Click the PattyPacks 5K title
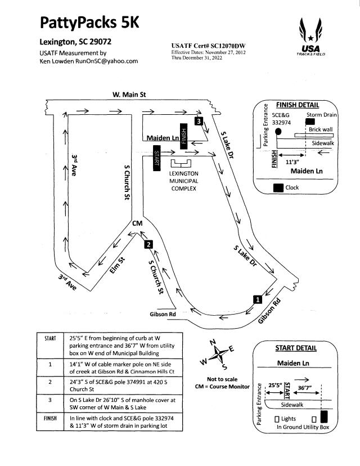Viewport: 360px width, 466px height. coord(89,23)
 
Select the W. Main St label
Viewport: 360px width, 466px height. coord(129,95)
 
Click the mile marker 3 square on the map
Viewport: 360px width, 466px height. coord(199,120)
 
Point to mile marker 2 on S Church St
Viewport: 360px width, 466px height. coord(148,244)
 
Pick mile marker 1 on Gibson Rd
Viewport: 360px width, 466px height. coord(257,299)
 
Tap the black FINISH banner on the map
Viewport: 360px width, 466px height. coord(183,136)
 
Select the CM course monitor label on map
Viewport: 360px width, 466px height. coord(137,224)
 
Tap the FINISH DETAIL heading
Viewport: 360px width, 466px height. coord(298,105)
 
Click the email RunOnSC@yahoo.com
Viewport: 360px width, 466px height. coord(110,62)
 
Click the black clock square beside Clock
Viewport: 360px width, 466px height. coord(277,188)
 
